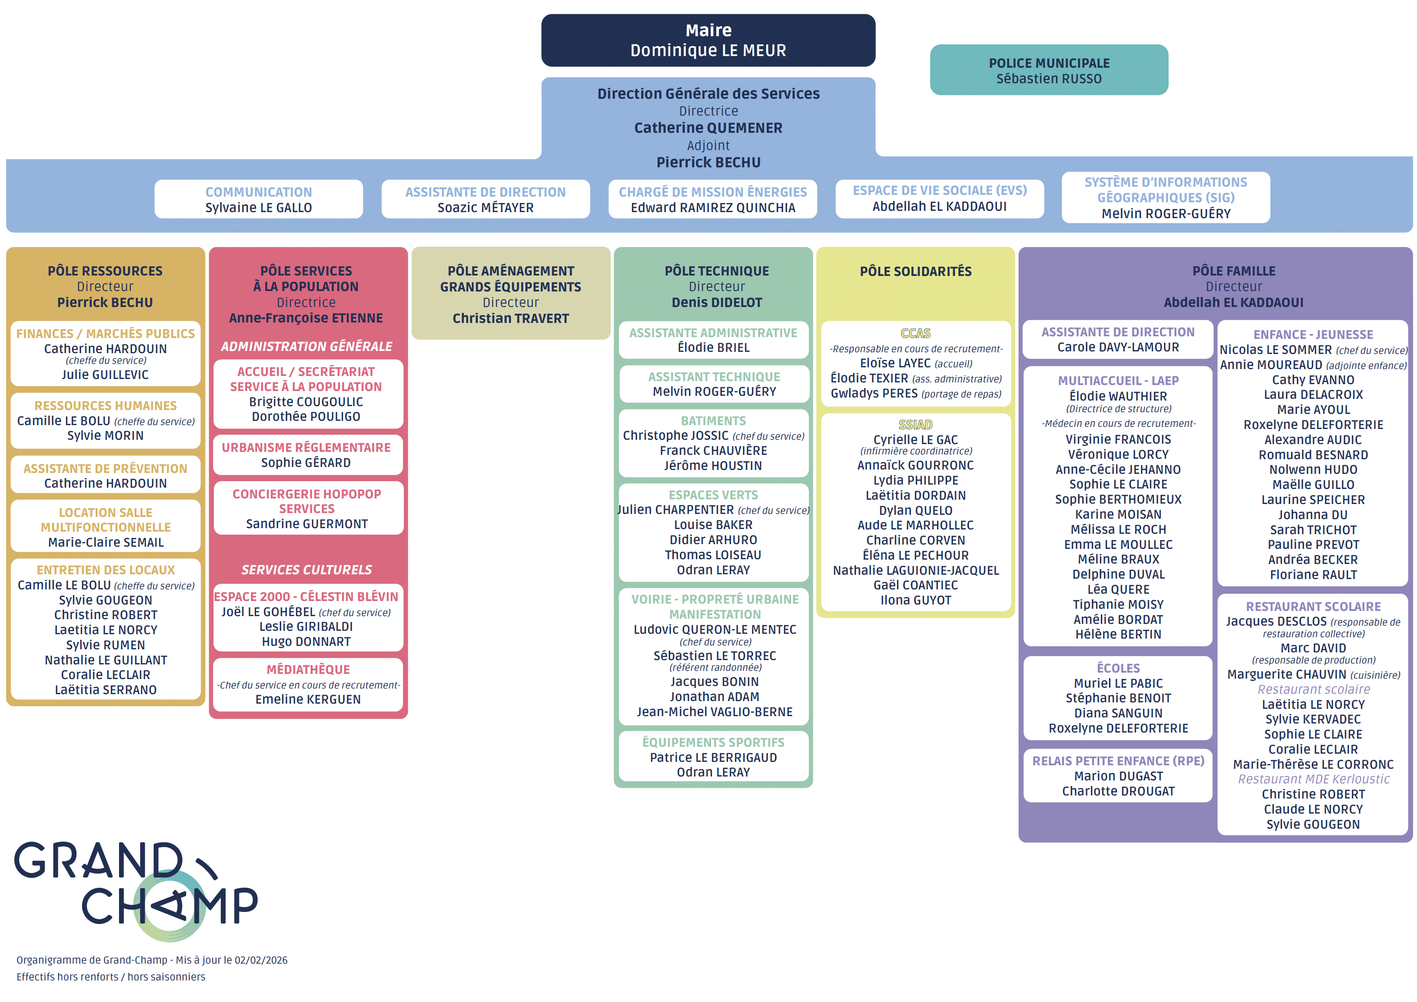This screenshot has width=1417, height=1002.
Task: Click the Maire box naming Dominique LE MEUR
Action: (x=708, y=41)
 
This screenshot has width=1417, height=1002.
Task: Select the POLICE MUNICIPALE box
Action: (x=1049, y=70)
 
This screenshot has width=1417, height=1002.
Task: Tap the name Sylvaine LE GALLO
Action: (x=259, y=208)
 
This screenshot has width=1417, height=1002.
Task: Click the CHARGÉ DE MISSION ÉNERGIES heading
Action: (x=713, y=192)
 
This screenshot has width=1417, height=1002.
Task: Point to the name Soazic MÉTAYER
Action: (x=486, y=208)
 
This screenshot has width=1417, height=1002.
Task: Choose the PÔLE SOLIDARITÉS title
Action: (x=915, y=272)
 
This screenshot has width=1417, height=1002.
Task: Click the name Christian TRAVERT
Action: (x=511, y=318)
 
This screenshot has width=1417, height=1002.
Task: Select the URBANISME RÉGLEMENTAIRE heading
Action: (x=306, y=448)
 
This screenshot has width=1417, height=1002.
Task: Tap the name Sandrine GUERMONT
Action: (x=307, y=524)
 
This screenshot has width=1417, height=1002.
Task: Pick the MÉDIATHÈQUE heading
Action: (x=308, y=670)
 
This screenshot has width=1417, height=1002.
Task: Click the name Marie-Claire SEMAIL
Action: (x=106, y=542)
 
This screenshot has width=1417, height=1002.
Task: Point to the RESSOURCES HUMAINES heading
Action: (x=106, y=405)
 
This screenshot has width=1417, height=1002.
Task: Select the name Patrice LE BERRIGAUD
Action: (x=713, y=758)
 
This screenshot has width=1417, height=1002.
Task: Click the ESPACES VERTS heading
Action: (x=713, y=495)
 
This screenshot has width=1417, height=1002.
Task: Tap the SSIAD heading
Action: (x=915, y=425)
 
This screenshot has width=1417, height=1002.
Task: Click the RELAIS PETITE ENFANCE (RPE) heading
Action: (x=1118, y=761)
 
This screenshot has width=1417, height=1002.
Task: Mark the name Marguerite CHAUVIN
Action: (x=1286, y=674)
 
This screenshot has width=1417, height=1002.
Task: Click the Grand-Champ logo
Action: (x=136, y=889)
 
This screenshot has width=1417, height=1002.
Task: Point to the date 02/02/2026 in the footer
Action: (x=261, y=960)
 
